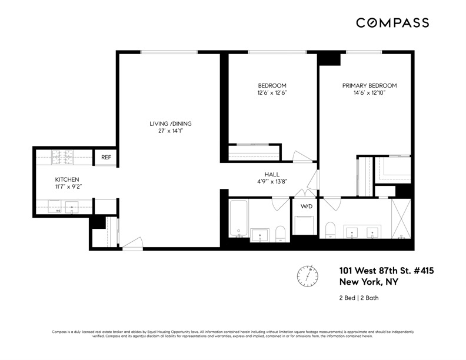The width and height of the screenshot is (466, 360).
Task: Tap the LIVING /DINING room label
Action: tap(170, 124)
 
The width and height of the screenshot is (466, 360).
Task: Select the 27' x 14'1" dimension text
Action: tap(170, 131)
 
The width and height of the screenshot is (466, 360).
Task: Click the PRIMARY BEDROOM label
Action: tap(370, 85)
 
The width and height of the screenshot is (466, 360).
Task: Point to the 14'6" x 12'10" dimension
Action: tap(370, 93)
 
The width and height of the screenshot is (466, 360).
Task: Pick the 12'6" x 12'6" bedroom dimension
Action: tap(271, 93)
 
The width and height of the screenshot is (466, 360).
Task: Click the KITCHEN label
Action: tap(67, 179)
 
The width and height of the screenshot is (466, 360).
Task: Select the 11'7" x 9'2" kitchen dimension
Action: tap(67, 187)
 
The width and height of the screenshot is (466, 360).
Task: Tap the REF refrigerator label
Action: tap(106, 158)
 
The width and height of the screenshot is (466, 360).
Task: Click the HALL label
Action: tap(271, 174)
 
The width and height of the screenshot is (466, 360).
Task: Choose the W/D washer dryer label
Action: tap(307, 206)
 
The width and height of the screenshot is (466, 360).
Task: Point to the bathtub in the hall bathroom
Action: tap(238, 218)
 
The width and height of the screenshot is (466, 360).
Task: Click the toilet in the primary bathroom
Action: tap(331, 229)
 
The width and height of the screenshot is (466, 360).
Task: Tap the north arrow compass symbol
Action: tap(307, 275)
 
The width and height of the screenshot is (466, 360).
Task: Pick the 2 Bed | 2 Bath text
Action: tap(359, 298)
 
